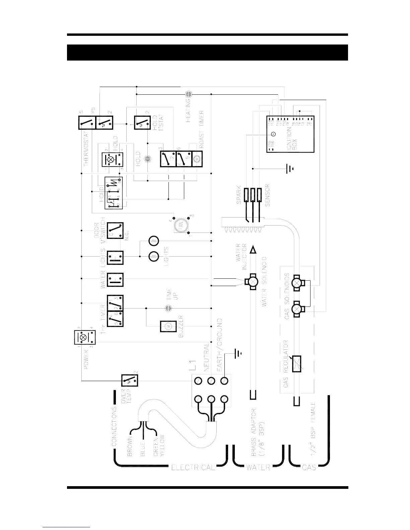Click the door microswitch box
click(x=115, y=231)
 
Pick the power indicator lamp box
click(x=83, y=337)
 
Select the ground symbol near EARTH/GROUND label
click(x=238, y=353)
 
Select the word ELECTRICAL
click(x=193, y=467)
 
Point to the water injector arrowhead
click(x=253, y=249)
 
